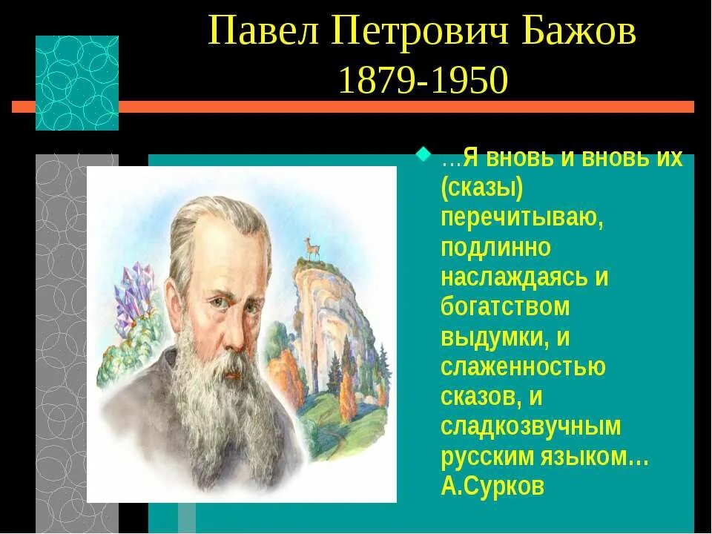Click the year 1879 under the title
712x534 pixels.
(375, 80)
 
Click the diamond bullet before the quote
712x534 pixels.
(423, 156)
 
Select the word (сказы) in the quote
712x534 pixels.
(482, 188)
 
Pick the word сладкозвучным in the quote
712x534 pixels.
(530, 426)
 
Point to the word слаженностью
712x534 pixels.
(523, 366)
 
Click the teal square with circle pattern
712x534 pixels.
(77, 82)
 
